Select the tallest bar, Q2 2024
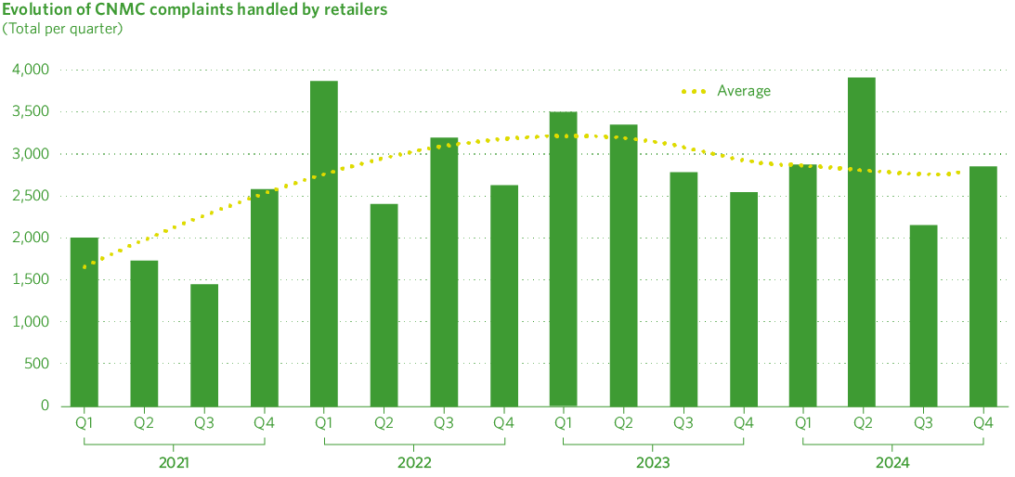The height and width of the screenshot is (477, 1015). point(861,241)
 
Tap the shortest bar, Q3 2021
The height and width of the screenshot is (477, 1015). point(204,344)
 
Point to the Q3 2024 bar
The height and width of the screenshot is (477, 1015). point(922,315)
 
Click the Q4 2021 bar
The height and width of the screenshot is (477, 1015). point(265,297)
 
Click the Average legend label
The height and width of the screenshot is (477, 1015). point(744,91)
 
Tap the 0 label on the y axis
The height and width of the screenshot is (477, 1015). point(46,406)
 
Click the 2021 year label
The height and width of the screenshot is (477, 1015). point(174,462)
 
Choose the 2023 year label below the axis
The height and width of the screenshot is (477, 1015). point(653,462)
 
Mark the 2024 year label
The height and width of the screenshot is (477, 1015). point(892,462)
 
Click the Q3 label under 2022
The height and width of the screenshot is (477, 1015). point(444,423)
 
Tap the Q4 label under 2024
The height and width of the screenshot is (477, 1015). point(982,423)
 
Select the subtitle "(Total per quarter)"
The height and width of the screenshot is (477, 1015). point(62,28)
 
